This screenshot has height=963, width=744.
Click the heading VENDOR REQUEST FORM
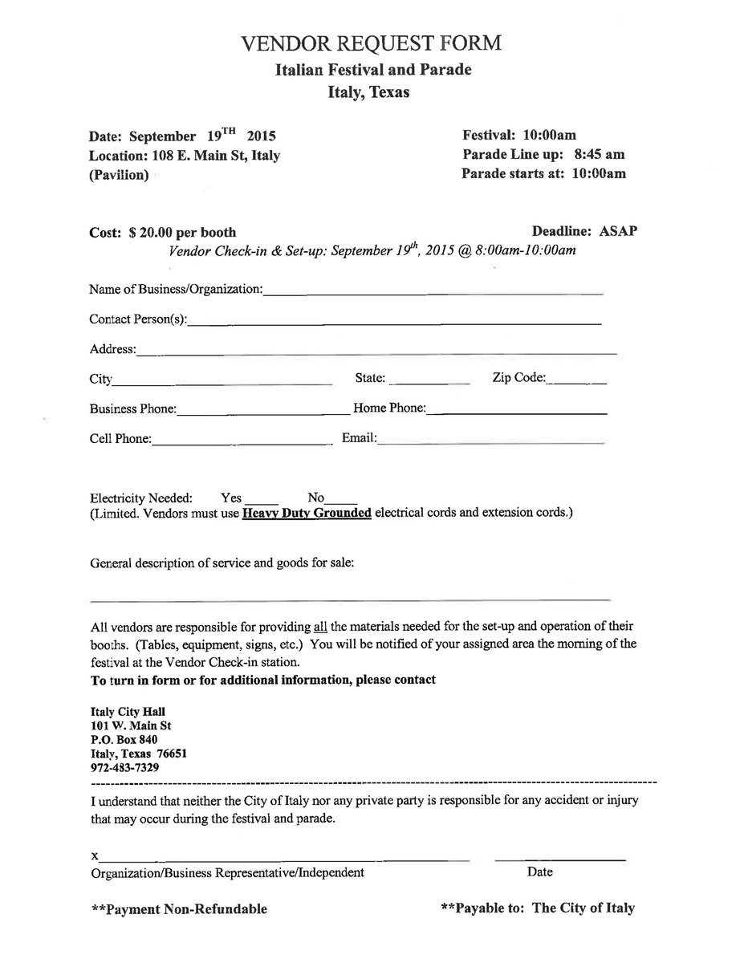(372, 43)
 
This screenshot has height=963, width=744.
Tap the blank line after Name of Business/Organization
(433, 294)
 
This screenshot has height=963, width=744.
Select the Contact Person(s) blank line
(394, 323)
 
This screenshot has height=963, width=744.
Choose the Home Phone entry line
(516, 413)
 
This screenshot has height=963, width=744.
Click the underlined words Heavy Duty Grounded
(307, 512)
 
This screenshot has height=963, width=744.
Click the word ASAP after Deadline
(618, 232)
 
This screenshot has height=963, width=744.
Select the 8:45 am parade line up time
(600, 154)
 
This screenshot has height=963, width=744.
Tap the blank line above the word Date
(560, 860)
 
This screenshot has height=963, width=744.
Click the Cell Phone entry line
(241, 443)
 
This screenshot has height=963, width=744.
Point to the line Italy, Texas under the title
(368, 92)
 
